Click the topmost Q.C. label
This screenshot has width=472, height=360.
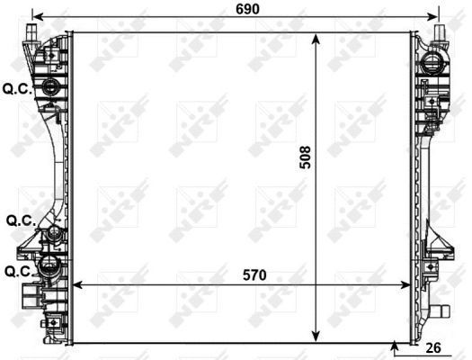point(17,88)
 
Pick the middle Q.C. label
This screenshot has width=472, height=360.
point(20,220)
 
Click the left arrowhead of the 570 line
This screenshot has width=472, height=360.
point(76,284)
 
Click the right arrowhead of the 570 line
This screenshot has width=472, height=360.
point(410,284)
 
